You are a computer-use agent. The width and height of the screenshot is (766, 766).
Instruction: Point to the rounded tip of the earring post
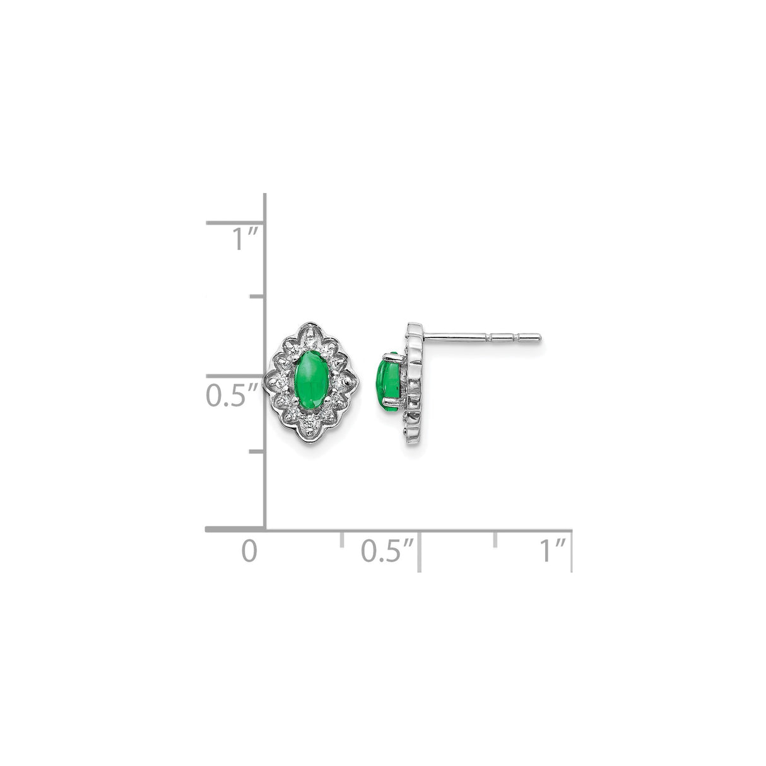tap(538, 338)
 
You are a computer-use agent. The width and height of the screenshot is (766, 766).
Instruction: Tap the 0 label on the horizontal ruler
tap(250, 551)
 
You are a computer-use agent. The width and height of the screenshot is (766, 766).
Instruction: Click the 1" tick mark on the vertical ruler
tap(235, 222)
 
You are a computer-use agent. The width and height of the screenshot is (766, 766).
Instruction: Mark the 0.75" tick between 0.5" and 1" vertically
tap(256, 296)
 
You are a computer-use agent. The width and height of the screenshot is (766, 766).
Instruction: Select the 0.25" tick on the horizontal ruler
tap(342, 539)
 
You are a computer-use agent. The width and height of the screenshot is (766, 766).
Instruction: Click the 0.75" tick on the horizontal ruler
tap(495, 539)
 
